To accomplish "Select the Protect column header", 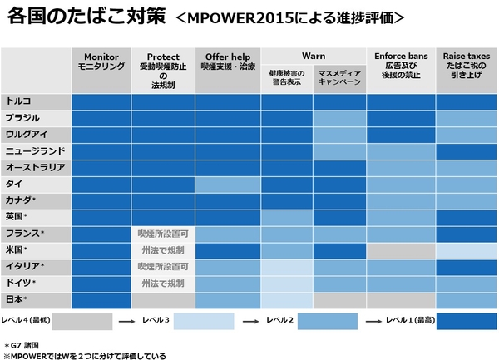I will point(162,67).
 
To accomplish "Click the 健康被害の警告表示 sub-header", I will point(287,80).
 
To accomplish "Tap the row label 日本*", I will point(17,299).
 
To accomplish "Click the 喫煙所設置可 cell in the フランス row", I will point(162,234).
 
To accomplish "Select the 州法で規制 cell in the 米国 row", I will point(162,250).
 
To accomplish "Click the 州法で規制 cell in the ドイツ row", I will point(162,284).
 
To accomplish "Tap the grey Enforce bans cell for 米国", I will point(400,250).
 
